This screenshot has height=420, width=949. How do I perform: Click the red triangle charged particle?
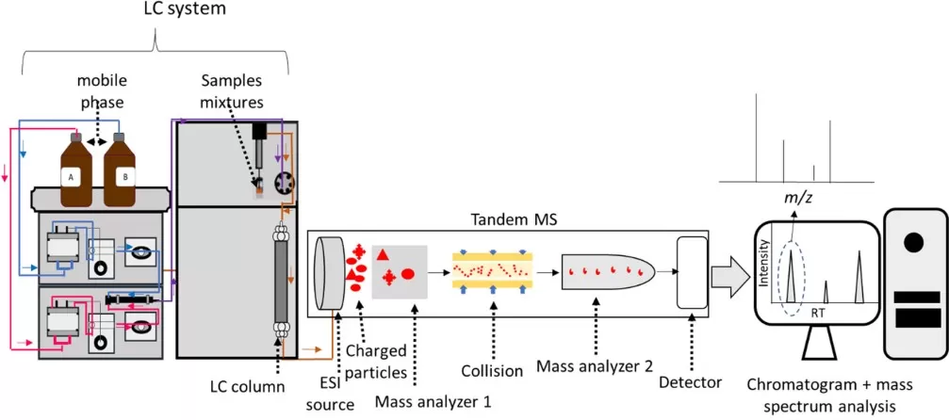[382, 255]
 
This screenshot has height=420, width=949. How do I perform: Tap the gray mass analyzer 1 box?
[400, 271]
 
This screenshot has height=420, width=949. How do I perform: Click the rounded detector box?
[692, 271]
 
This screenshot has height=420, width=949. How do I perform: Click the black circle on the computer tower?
[912, 243]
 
